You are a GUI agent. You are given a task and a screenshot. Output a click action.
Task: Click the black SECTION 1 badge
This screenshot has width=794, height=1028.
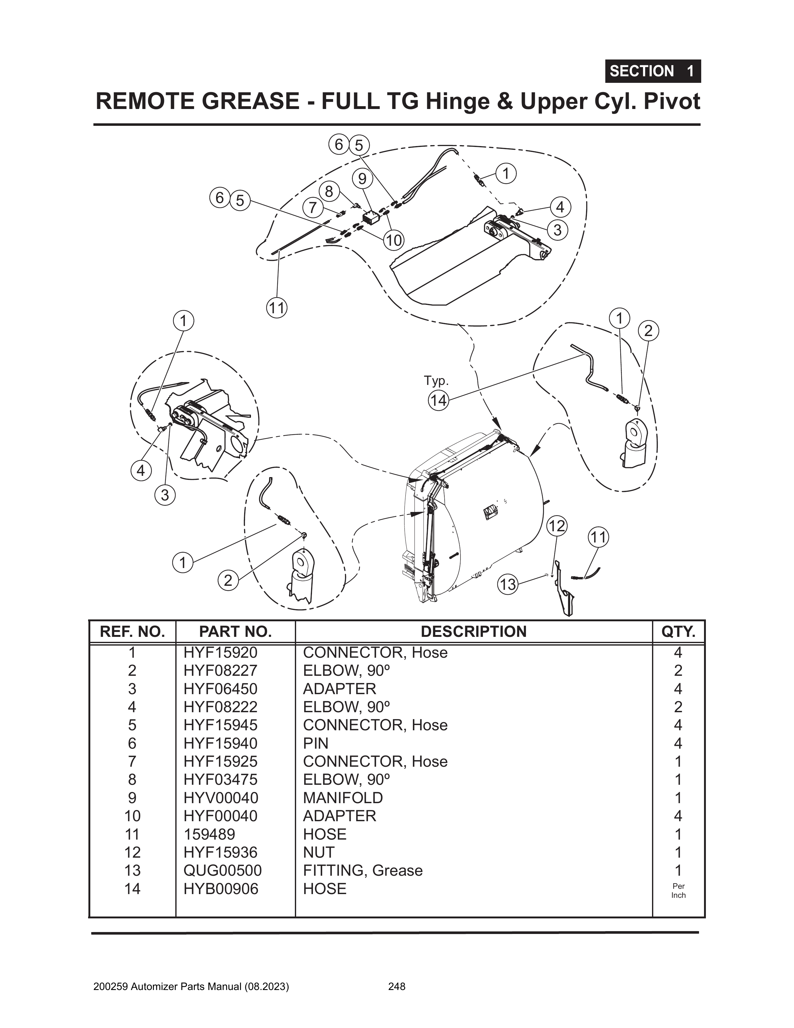[652, 72]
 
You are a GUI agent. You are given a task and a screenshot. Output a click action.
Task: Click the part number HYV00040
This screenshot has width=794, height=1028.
[221, 798]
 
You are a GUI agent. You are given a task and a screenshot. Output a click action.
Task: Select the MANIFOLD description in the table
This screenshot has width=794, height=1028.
[343, 798]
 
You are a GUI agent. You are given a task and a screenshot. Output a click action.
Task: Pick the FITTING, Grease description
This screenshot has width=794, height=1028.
[362, 870]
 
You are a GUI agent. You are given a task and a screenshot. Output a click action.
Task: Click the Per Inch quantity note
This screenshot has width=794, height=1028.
[678, 891]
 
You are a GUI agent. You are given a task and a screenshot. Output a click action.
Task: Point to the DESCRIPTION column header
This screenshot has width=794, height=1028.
[474, 632]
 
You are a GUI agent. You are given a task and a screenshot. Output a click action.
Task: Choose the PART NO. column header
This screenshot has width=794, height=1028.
[235, 632]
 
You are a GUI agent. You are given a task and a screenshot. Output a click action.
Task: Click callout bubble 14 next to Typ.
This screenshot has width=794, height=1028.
[438, 400]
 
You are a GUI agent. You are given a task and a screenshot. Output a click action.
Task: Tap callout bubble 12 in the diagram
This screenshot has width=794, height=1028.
[557, 526]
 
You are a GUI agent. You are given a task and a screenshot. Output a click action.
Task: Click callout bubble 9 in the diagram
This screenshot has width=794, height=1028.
[362, 179]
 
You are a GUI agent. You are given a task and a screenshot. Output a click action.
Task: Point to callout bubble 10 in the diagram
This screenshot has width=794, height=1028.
[394, 240]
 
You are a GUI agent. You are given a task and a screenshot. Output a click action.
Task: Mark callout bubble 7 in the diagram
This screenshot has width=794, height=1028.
[313, 208]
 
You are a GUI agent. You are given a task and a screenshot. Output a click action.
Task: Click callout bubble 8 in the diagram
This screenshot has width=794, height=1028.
[329, 192]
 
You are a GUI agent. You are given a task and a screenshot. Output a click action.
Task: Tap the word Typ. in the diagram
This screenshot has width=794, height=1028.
[436, 380]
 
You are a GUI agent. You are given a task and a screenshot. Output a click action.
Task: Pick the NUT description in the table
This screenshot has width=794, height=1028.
[319, 852]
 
